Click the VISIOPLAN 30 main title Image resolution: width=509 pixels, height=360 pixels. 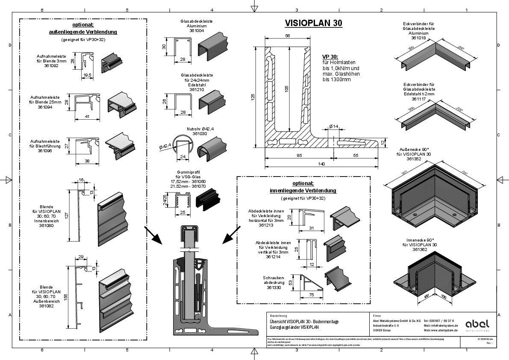coord(313,24)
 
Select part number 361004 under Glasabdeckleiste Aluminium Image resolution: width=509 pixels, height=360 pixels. coord(197,31)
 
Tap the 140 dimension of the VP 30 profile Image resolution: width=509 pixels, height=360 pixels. coord(321,164)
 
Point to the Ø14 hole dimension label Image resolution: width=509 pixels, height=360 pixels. coord(334,126)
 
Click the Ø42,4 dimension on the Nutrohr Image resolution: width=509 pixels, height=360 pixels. coord(165,147)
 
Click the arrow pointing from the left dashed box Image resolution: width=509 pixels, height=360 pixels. coord(152,235)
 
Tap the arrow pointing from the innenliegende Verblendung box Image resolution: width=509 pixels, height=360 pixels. coord(231,235)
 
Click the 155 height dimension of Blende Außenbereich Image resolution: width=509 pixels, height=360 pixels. coord(66,298)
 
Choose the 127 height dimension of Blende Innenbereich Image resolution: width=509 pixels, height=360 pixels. coord(66,216)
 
